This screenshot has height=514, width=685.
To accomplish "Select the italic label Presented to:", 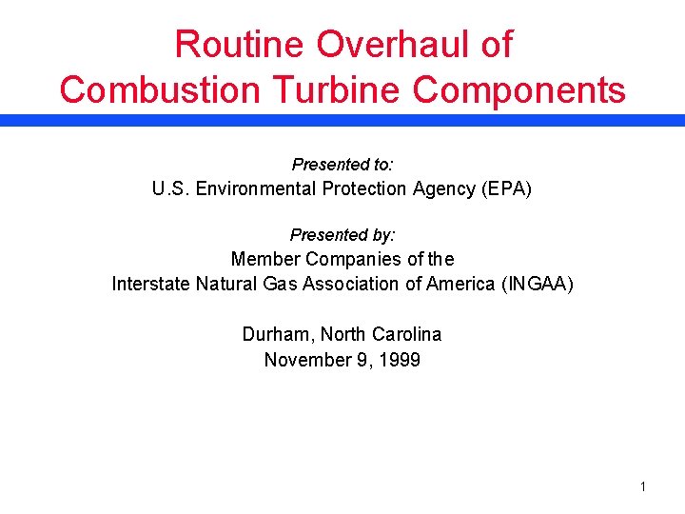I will coord(342,164).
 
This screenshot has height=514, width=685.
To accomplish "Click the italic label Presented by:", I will coord(342,234).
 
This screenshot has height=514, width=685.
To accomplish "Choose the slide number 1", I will coord(643,487).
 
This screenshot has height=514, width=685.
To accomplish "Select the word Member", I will coord(264,259).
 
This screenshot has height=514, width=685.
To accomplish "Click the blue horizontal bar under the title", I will coord(342,121).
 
